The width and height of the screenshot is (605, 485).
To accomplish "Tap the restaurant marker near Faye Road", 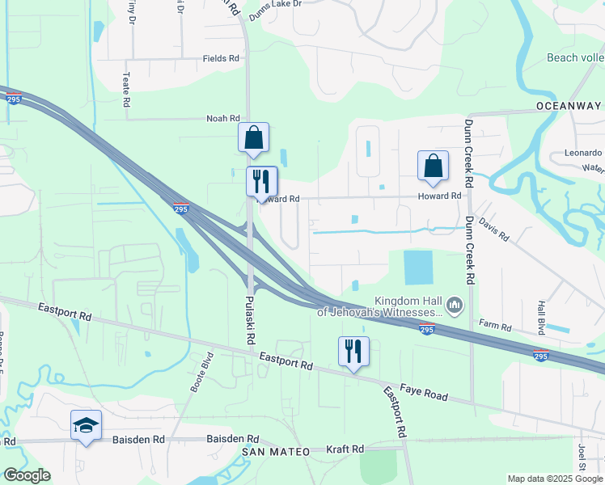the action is pos(353,352).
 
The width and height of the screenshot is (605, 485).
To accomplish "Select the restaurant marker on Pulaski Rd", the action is pos(261,183).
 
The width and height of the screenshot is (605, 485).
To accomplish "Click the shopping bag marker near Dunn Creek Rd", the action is pos(433,167).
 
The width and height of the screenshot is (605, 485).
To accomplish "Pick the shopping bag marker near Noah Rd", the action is pos(254,139).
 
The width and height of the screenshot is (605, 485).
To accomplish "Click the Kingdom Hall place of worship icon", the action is pos(454,306).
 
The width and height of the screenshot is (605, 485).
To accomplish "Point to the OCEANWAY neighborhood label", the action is pos(568,106).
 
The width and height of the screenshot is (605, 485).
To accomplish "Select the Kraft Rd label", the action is pos(345,449).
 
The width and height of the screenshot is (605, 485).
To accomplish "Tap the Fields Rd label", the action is pos(221,58).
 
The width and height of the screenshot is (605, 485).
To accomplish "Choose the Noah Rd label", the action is pos(223,118).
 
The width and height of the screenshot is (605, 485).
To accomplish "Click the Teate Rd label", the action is pos(126,89).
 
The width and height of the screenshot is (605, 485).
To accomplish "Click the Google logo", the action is pos(27,475).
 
